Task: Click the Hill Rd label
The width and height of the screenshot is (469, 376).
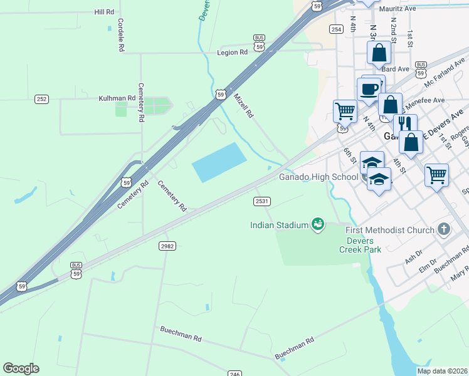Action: pyautogui.click(x=104, y=12)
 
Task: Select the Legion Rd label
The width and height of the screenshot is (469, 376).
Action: pyautogui.click(x=232, y=53)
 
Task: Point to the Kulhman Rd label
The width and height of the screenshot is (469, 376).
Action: pyautogui.click(x=117, y=98)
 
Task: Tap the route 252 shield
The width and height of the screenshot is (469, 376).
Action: pyautogui.click(x=41, y=99)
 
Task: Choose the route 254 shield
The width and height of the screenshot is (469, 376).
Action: pyautogui.click(x=337, y=29)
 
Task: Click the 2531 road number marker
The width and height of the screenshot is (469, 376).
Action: pyautogui.click(x=261, y=201)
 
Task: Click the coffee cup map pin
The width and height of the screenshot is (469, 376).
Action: pyautogui.click(x=369, y=88)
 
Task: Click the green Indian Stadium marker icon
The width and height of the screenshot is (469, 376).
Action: pyautogui.click(x=318, y=224)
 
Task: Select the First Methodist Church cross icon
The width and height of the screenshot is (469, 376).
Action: pyautogui.click(x=445, y=229)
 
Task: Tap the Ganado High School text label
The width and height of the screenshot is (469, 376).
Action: pyautogui.click(x=318, y=177)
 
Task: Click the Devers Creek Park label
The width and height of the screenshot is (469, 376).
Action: pyautogui.click(x=360, y=245)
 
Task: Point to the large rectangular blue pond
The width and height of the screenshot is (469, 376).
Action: pyautogui.click(x=219, y=162)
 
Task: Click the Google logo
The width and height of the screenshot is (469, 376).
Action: pyautogui.click(x=21, y=368)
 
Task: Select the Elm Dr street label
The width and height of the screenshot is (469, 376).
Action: pyautogui.click(x=426, y=269)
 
